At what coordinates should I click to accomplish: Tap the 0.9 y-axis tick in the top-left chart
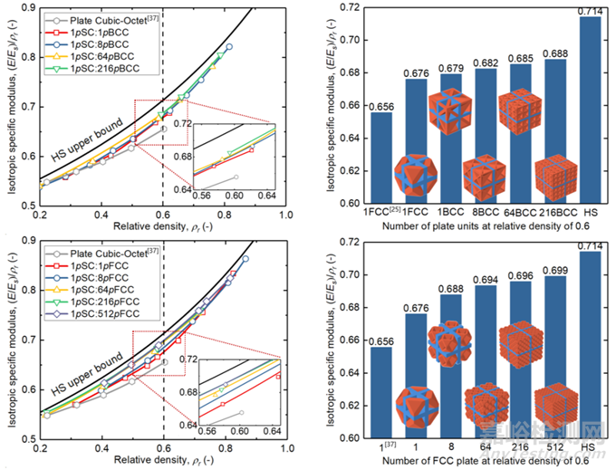[x=24, y=8]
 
